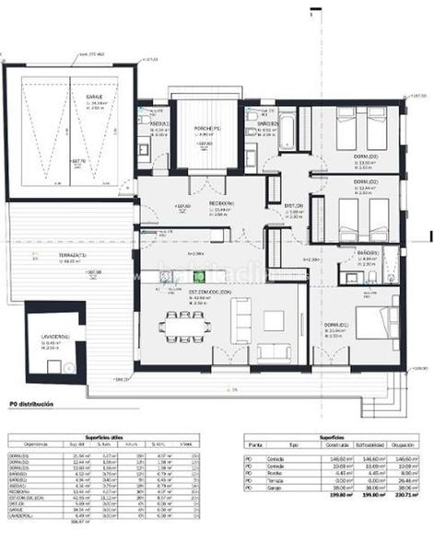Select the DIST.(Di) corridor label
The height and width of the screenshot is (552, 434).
tap(294, 205)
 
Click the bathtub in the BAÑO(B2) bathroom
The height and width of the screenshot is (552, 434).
tap(286, 134)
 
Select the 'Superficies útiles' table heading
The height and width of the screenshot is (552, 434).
tap(106, 437)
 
